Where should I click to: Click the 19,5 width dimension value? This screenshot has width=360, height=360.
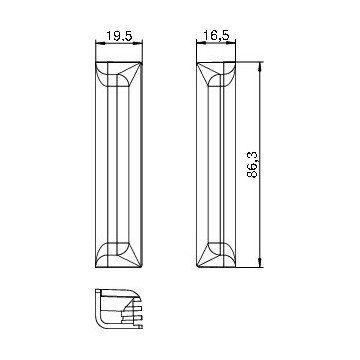pyautogui.click(x=119, y=36)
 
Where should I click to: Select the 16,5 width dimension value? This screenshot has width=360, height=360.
pyautogui.click(x=217, y=35)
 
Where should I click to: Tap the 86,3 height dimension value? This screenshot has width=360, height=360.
pyautogui.click(x=253, y=164)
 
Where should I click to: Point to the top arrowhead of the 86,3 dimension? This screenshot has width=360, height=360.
pyautogui.click(x=260, y=67)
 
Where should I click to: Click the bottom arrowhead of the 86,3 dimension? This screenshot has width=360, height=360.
pyautogui.click(x=260, y=263)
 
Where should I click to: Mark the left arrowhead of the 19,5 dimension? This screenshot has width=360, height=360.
pyautogui.click(x=100, y=42)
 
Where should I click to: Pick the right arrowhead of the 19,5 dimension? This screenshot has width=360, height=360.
pyautogui.click(x=138, y=42)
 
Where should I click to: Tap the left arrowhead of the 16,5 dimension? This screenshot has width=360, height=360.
pyautogui.click(x=201, y=42)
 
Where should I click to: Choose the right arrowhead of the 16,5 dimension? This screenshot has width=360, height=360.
pyautogui.click(x=231, y=42)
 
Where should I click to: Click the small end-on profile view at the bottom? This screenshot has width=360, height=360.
pyautogui.click(x=119, y=309)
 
